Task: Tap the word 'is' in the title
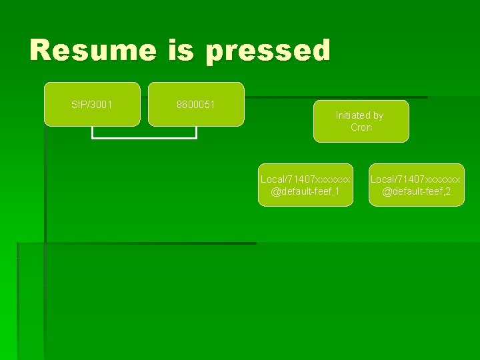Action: (181, 51)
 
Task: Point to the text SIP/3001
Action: (92, 105)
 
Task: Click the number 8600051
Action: (196, 105)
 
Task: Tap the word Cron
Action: (361, 127)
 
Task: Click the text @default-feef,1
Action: (305, 192)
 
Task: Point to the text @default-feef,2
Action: (417, 192)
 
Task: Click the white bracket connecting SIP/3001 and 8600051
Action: (144, 137)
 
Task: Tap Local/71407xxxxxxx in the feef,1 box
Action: (305, 179)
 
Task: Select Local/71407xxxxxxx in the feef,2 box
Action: (415, 179)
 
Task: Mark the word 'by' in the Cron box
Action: (378, 115)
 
